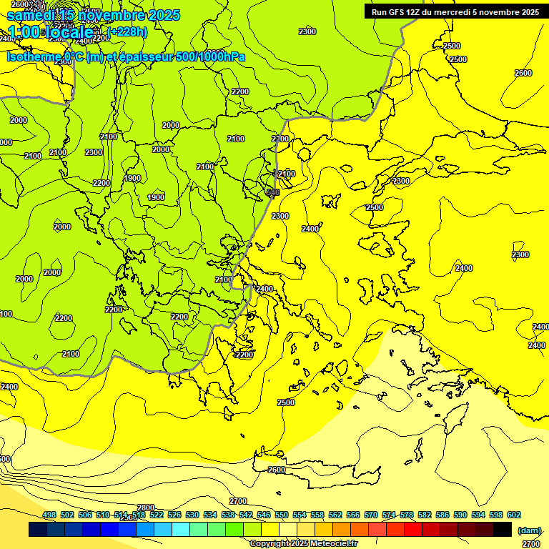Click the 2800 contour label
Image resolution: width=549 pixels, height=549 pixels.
pos(145,508)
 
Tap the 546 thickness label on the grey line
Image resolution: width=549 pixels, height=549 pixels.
pos(272,192)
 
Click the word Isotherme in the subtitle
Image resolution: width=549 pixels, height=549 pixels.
pos(33,56)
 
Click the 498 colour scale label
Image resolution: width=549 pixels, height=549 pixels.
pos(49,515)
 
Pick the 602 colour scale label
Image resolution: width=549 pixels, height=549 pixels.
pos(514,515)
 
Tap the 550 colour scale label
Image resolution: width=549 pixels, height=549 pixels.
pos(282,515)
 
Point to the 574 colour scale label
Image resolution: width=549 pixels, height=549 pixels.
pos(389,515)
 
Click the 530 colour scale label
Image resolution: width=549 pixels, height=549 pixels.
pos(192,515)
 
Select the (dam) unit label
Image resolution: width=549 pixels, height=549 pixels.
pos(529,530)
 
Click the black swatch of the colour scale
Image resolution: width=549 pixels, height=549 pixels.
pos(503,529)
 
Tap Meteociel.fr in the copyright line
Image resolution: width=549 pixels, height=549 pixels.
pos(330,543)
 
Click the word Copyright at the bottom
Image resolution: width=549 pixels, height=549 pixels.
pos(269,543)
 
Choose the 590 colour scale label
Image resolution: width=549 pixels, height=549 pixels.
pos(460,515)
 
